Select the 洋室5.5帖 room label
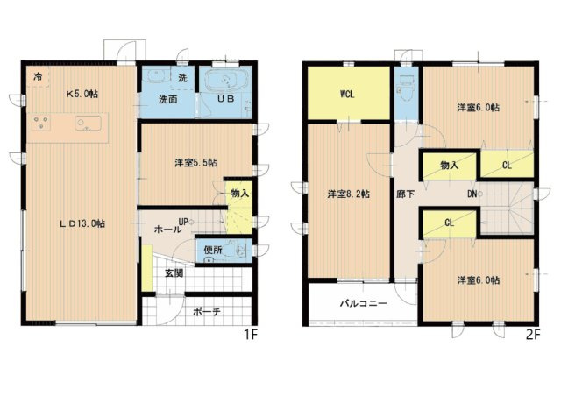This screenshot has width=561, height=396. [x=195, y=163]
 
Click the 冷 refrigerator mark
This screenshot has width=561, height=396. [x=38, y=77]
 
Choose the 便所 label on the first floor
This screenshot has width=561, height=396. [x=210, y=250]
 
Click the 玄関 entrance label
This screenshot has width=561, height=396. [x=173, y=272]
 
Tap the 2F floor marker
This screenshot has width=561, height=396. [x=533, y=334]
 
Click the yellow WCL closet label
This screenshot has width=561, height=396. [x=348, y=95]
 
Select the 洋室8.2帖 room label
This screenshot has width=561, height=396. [x=347, y=194]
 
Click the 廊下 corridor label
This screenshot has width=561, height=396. [x=405, y=194]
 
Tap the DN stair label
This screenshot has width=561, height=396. [x=472, y=194]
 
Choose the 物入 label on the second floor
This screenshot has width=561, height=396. [x=450, y=165]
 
